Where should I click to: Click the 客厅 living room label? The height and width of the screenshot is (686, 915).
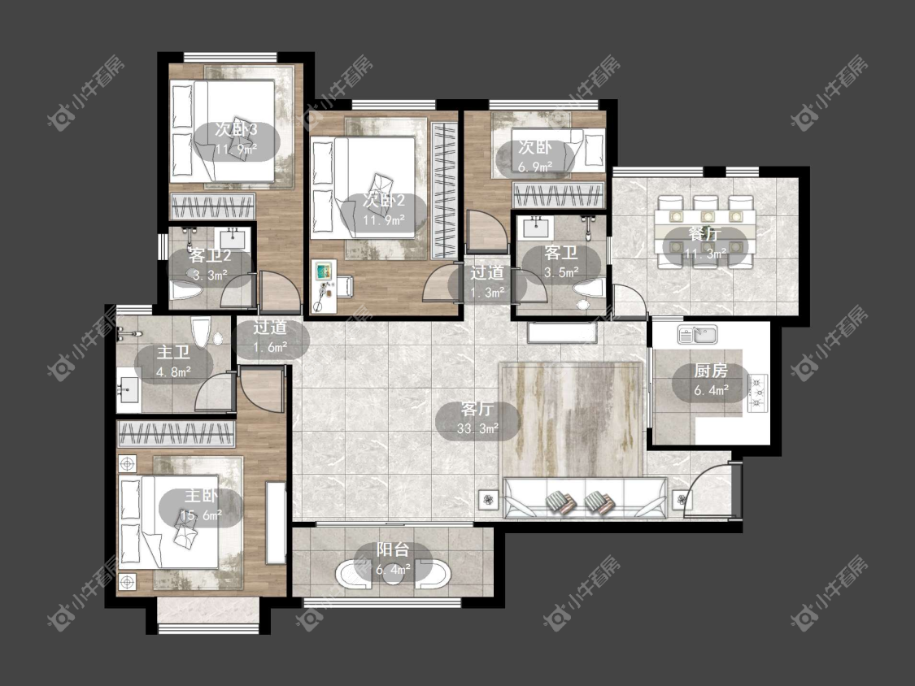[x=477, y=409]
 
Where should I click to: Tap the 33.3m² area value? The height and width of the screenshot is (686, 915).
[x=478, y=429]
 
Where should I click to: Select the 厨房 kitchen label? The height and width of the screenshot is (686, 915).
[x=711, y=371]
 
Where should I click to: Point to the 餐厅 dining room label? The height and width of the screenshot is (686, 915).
[x=705, y=234]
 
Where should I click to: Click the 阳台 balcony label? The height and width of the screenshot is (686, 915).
[x=393, y=549]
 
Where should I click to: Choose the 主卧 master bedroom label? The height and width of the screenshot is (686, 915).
[x=202, y=496]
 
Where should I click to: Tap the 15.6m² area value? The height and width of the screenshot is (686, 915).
[x=202, y=515]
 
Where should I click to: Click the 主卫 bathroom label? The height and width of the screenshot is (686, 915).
[x=173, y=352]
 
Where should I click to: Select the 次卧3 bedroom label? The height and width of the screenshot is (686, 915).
[x=237, y=129]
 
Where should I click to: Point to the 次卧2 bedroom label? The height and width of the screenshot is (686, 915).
[x=384, y=200]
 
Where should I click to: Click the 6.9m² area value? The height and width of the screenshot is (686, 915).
[x=536, y=167]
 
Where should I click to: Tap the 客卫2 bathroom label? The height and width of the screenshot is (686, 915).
[x=210, y=255]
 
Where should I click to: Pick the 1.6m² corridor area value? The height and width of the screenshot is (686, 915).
[x=270, y=348]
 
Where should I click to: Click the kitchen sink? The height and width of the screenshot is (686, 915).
[x=697, y=334]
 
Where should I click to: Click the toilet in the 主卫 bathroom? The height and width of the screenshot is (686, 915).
[x=200, y=333]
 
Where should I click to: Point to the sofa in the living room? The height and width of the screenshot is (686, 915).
[x=585, y=497]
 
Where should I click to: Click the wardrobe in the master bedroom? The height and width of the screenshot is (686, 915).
[x=176, y=434]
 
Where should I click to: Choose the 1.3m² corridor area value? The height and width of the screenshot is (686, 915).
[x=487, y=293]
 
